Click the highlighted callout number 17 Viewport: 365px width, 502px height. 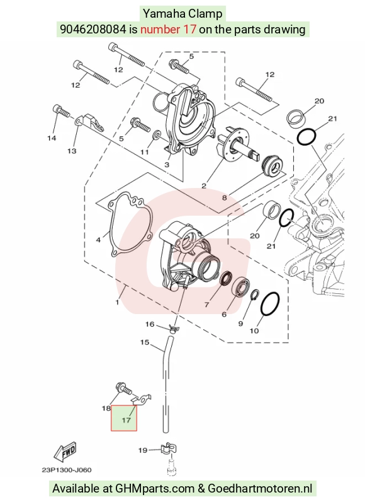126,419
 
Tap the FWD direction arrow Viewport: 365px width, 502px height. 65,452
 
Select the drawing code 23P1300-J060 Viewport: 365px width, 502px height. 67,470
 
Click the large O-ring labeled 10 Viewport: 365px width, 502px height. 270,303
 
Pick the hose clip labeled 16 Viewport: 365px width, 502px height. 174,329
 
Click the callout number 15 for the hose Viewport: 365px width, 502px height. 145,342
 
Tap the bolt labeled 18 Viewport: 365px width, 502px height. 123,387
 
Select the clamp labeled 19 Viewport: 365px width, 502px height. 168,449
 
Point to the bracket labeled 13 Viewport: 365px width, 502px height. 90,124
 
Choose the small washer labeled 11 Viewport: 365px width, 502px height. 156,135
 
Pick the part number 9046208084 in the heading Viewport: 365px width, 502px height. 93,30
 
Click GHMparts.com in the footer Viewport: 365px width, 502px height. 155,489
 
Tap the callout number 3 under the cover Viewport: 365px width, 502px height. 167,165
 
